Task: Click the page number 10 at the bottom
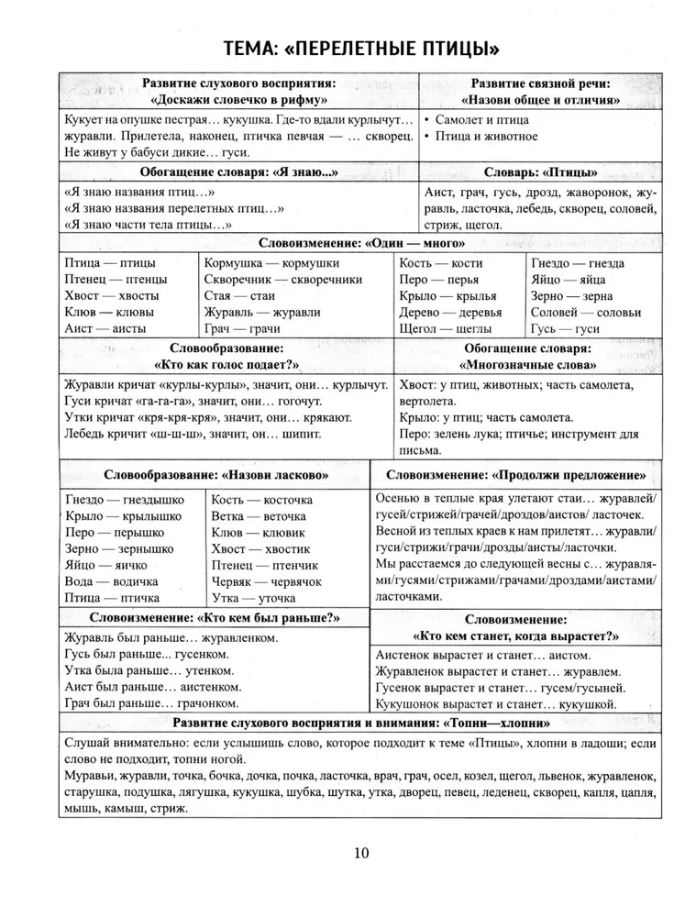pos(360,853)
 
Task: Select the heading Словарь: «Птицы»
pos(540,171)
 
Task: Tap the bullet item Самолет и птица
pos(482,120)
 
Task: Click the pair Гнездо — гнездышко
pos(125,500)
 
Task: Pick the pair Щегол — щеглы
pos(451,327)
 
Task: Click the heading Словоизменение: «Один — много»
pos(361,244)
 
